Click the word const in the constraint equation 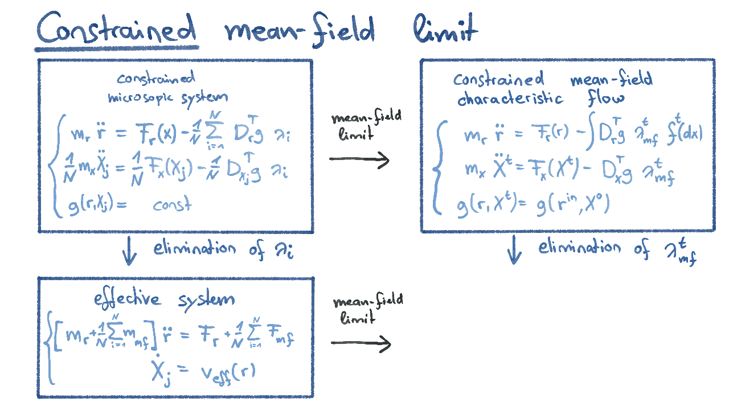[x=172, y=205]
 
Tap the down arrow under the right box [x=514, y=251]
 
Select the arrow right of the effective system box [x=361, y=343]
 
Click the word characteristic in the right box [x=510, y=99]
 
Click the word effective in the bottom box [x=128, y=299]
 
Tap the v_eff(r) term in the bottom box [x=228, y=371]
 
